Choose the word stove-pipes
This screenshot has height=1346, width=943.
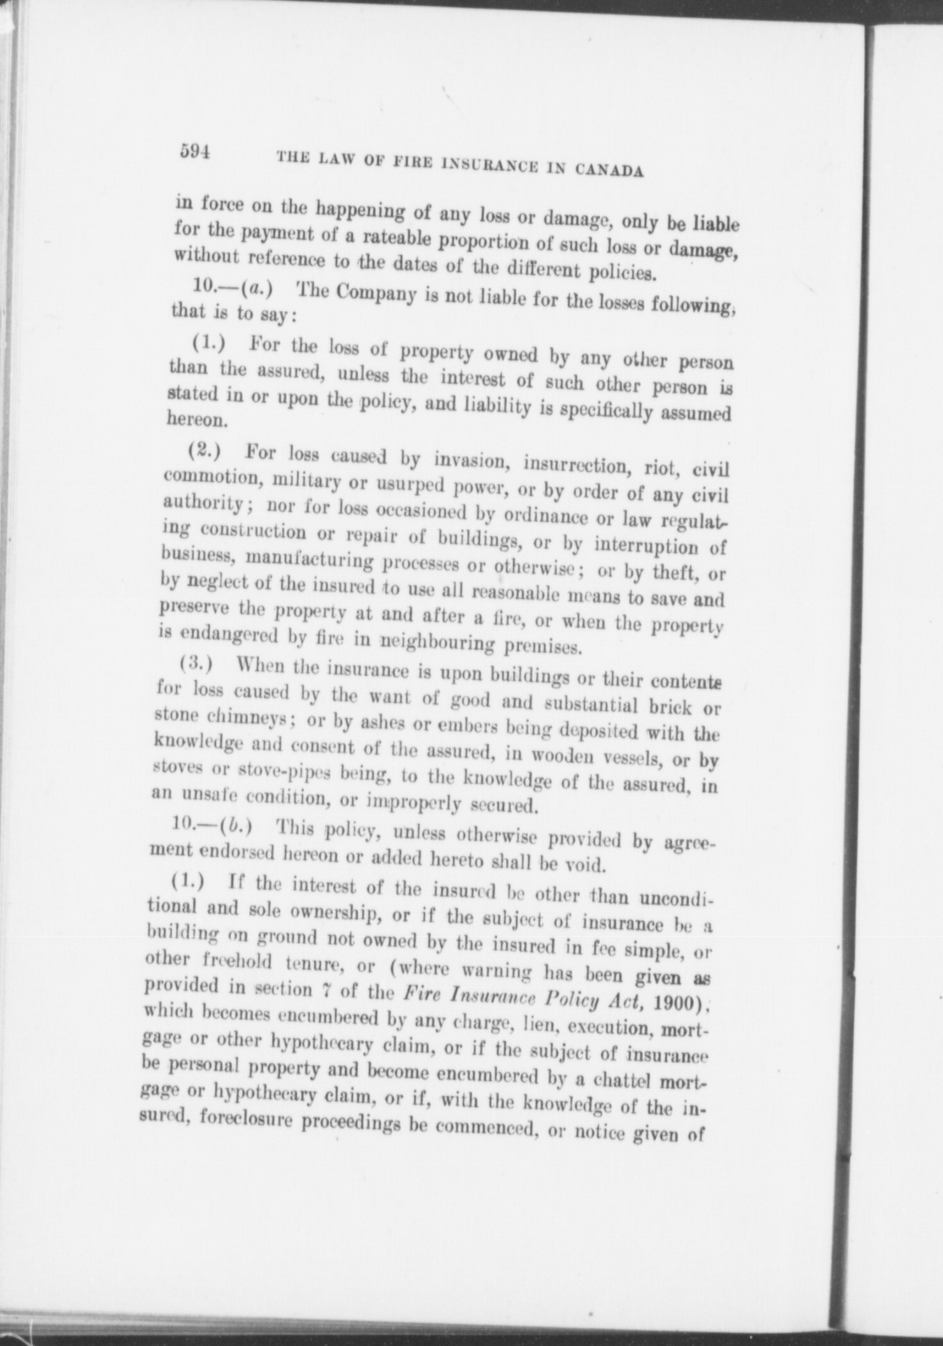[279, 771]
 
